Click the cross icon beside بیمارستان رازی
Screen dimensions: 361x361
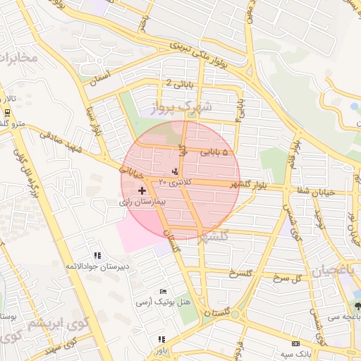[143, 190]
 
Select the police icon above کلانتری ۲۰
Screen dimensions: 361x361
[175, 171]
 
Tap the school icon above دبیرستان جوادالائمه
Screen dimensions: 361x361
[97, 255]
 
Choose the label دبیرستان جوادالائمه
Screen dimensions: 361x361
[96, 266]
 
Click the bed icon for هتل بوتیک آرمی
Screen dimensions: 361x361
[164, 290]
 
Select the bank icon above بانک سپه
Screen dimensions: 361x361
[295, 343]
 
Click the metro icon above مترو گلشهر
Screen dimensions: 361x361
[7, 113]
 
